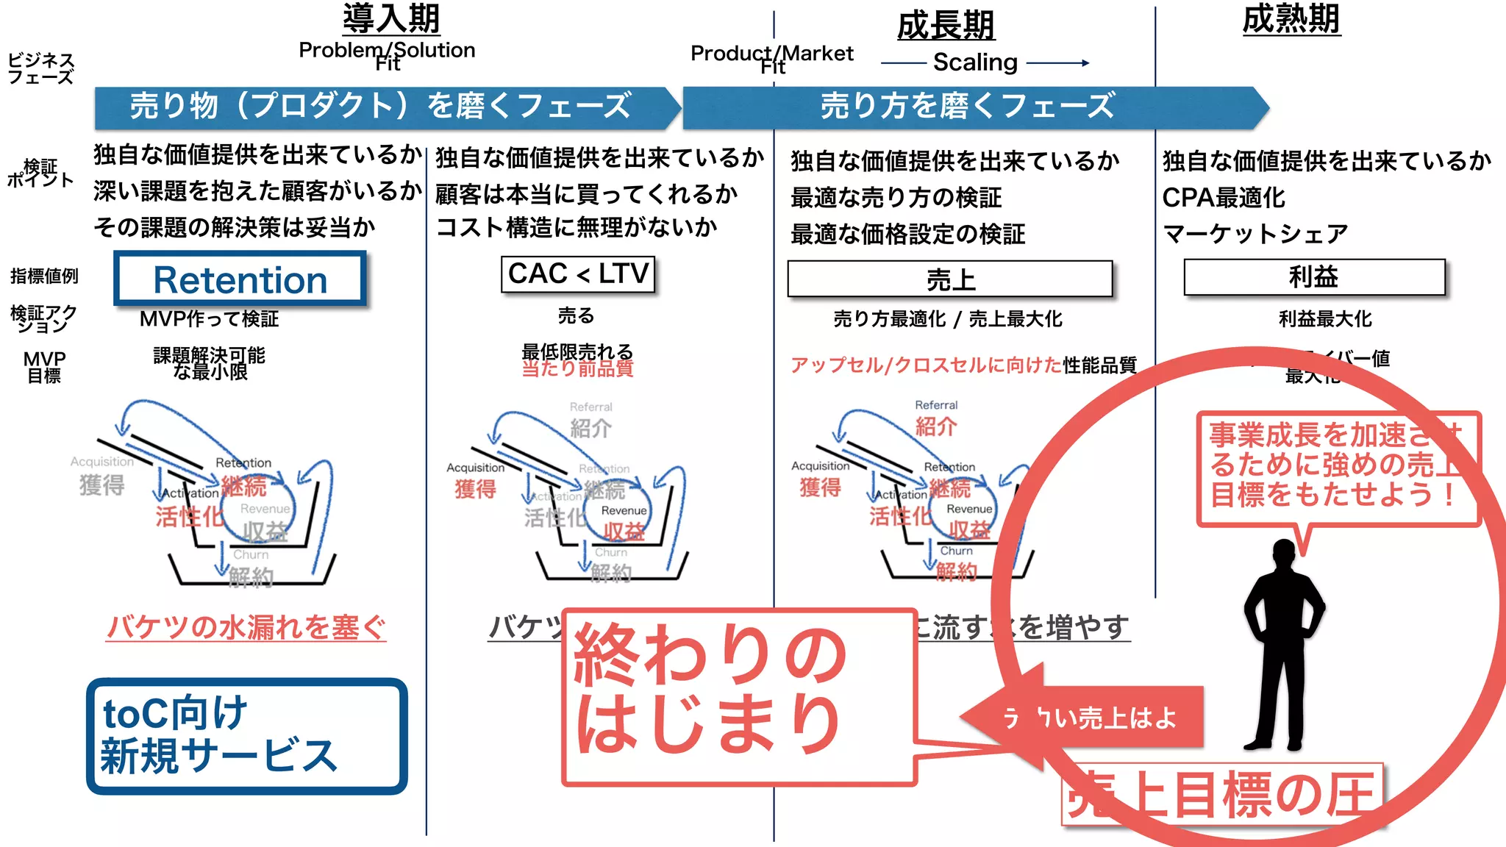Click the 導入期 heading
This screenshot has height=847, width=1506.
tap(391, 18)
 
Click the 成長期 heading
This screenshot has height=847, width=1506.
tap(946, 26)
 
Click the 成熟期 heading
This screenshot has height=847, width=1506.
tap(1291, 19)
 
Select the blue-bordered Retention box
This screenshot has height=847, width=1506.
tap(240, 279)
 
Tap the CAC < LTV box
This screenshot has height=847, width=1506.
tap(578, 274)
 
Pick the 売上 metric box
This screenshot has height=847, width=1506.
tap(950, 279)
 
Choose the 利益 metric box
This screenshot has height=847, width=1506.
tap(1314, 277)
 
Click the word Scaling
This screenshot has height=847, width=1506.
tap(975, 62)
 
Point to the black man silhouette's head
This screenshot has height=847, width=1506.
tap(1283, 555)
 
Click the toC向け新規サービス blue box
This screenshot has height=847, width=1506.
tap(246, 735)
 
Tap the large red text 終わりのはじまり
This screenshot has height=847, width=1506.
tap(710, 687)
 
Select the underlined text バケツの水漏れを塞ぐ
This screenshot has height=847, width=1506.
tap(246, 627)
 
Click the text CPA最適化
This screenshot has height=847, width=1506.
tap(1224, 197)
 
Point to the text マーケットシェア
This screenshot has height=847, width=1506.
tap(1255, 234)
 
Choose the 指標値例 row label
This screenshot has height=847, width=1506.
tap(44, 276)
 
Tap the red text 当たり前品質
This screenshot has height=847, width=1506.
tap(577, 368)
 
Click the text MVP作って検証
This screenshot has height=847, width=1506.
tap(210, 319)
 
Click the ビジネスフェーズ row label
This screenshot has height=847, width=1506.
tap(40, 68)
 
